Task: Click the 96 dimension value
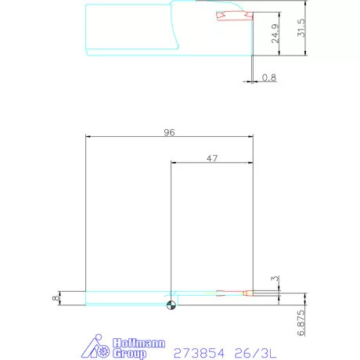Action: (169, 132)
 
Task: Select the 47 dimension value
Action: (211, 158)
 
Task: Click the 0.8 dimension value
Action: (269, 77)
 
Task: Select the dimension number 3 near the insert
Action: (274, 278)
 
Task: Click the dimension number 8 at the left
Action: (55, 297)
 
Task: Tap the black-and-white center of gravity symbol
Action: (170, 304)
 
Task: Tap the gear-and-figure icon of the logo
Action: (99, 348)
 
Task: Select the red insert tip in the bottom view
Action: (247, 294)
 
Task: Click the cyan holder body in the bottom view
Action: (125, 297)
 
